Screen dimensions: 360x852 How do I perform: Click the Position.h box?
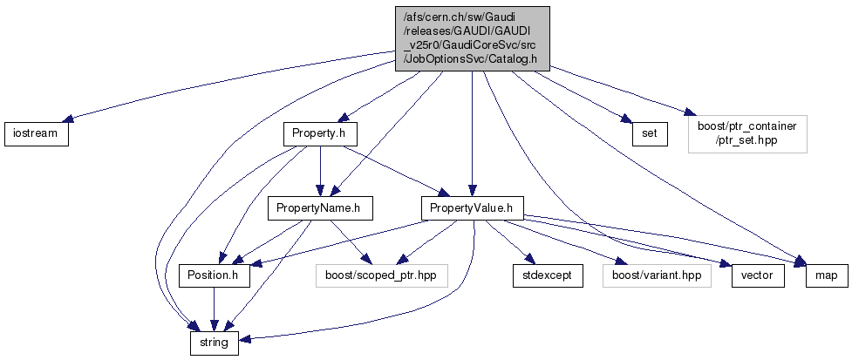pyautogui.click(x=214, y=275)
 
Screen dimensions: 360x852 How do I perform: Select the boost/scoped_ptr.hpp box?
pyautogui.click(x=381, y=275)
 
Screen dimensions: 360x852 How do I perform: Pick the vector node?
pyautogui.click(x=752, y=275)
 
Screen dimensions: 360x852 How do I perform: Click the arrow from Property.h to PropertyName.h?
pyautogui.click(x=320, y=170)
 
